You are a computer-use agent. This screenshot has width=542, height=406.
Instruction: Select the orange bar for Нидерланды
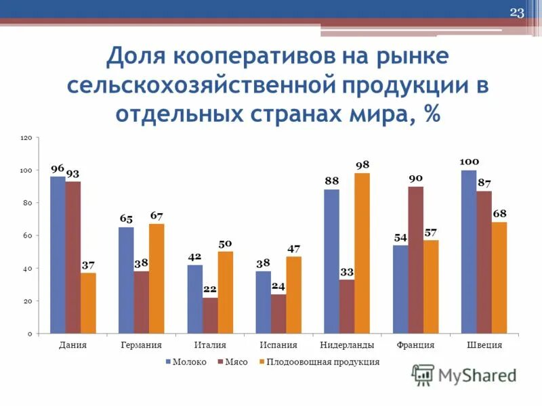(x=362, y=253)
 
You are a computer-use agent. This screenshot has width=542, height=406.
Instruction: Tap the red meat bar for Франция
(x=415, y=260)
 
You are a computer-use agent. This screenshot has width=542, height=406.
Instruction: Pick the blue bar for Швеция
(x=469, y=252)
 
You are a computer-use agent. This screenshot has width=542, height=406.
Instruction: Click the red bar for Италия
(x=210, y=315)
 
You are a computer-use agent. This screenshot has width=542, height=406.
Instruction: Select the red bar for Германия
(x=142, y=302)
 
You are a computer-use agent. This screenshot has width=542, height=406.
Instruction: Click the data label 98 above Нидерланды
(x=362, y=165)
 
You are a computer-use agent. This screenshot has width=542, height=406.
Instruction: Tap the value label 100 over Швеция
(x=470, y=162)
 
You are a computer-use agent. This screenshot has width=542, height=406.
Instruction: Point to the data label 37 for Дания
(x=88, y=265)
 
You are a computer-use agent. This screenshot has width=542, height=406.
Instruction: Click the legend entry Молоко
(x=189, y=362)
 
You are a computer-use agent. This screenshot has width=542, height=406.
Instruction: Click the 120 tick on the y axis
(x=26, y=137)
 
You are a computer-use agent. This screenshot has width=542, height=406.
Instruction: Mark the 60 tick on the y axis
(x=28, y=235)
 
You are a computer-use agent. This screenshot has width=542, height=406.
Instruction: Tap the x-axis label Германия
(x=141, y=345)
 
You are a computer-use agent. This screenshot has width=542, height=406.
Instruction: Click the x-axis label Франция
(x=415, y=345)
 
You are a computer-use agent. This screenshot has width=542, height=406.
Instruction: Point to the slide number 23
(x=517, y=14)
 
